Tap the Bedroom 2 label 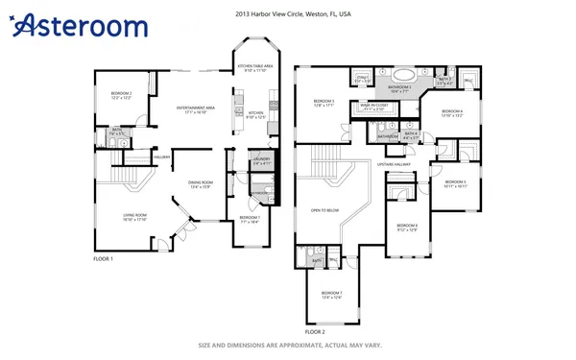click(x=120, y=96)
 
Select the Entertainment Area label click(x=195, y=109)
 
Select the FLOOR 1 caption click(x=103, y=259)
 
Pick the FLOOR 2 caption click(x=304, y=331)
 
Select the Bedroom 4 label click(x=452, y=113)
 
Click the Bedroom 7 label click(x=331, y=294)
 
